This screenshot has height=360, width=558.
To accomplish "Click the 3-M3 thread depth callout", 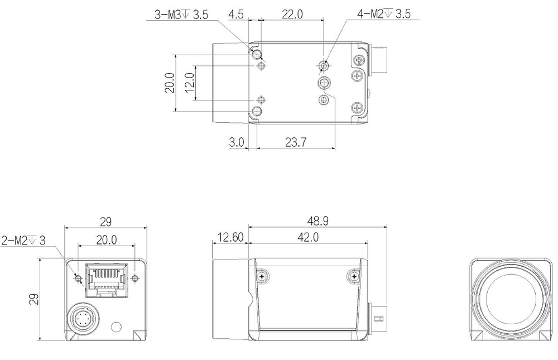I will (181, 15).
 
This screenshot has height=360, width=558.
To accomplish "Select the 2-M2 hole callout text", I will (24, 241).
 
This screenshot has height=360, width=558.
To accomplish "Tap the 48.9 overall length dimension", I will (317, 221).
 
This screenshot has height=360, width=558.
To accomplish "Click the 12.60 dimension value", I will (229, 237).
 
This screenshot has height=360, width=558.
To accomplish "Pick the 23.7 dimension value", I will (295, 142).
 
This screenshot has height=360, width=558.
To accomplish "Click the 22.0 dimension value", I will (292, 15).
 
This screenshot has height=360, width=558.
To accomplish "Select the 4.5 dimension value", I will (236, 15).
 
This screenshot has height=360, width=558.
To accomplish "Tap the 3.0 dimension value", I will (237, 142).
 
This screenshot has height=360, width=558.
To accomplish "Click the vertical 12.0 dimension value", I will (189, 83).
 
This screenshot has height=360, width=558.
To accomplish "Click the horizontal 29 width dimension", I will (105, 222).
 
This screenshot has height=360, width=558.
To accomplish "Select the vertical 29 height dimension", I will (33, 300).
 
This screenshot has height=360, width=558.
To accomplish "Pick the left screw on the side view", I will (262, 276).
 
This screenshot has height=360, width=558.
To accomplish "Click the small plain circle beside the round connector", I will (116, 326).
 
